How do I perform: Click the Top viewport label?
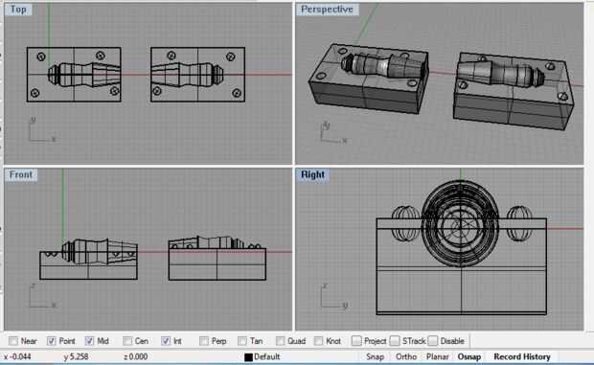pos(18,9)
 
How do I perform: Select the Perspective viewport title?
pos(327,9)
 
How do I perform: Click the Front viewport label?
pos(20,174)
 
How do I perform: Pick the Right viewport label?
pos(312,174)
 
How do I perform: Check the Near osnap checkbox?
pos(13,341)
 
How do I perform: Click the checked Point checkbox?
pos(51,341)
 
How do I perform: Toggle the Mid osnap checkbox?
pos(89,341)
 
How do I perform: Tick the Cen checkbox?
pos(127,341)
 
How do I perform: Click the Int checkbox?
pos(166,341)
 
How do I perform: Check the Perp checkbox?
pos(204,341)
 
